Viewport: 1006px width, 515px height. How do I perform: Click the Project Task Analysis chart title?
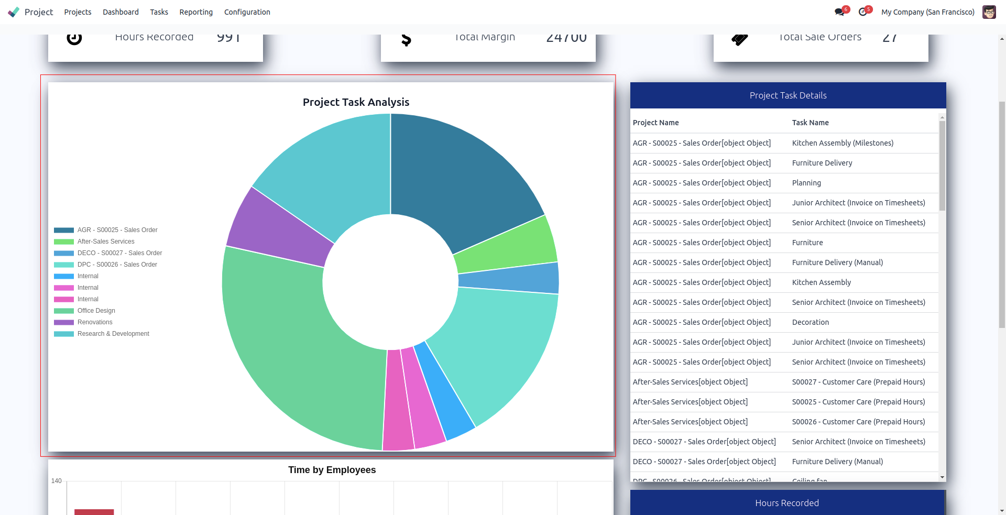(356, 102)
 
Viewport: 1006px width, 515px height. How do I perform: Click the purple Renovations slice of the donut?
(278, 231)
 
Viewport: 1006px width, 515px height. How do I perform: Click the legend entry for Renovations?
(94, 322)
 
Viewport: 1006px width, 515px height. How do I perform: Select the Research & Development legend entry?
(113, 334)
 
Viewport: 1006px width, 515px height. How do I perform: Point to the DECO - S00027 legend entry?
(119, 253)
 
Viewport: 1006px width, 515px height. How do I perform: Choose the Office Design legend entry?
(96, 311)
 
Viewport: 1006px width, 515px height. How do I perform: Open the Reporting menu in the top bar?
(196, 12)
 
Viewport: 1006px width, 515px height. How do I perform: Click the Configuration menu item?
(247, 12)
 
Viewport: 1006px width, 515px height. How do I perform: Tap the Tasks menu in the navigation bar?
(159, 12)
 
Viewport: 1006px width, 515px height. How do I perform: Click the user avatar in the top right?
(989, 12)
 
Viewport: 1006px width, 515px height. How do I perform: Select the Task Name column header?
(810, 123)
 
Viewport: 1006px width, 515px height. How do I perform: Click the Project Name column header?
(655, 123)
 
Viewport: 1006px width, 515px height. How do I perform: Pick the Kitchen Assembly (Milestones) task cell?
(843, 143)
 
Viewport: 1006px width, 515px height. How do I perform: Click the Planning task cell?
(806, 183)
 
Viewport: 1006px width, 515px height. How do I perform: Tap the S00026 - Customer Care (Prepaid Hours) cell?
(858, 422)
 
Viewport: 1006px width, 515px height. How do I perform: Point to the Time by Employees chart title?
(332, 470)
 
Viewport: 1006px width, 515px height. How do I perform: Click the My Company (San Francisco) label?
(927, 12)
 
